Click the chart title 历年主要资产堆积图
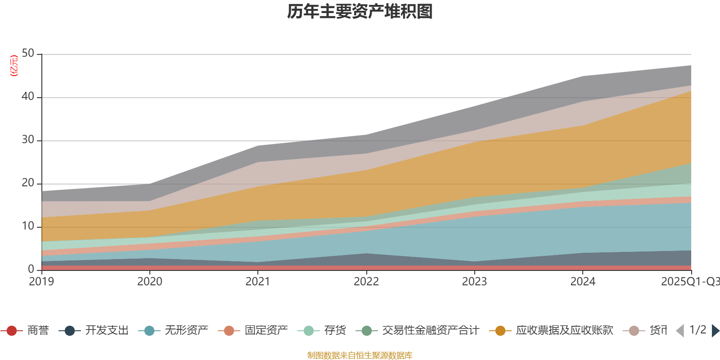pyautogui.click(x=360, y=12)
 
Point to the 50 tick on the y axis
pyautogui.click(x=28, y=54)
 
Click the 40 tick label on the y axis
pyautogui.click(x=28, y=97)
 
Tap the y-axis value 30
pyautogui.click(x=28, y=140)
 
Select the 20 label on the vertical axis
pyautogui.click(x=28, y=183)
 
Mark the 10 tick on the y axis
pyautogui.click(x=28, y=226)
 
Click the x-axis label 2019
pyautogui.click(x=41, y=282)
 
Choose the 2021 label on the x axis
pyautogui.click(x=257, y=282)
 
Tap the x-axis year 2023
pyautogui.click(x=474, y=282)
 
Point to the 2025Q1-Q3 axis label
pyautogui.click(x=689, y=282)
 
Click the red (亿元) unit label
pyautogui.click(x=14, y=66)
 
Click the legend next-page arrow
pyautogui.click(x=715, y=331)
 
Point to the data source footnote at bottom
pyautogui.click(x=360, y=355)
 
